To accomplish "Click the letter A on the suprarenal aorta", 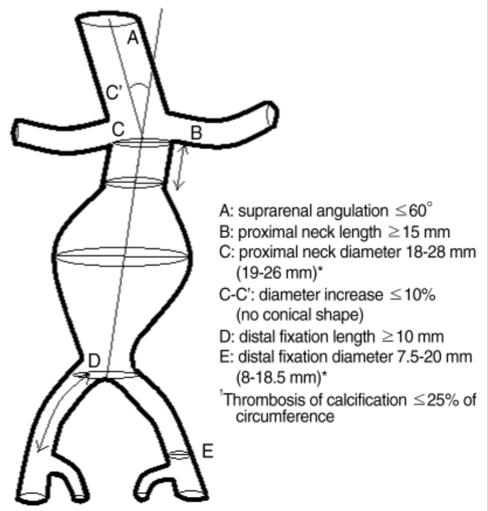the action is click(x=132, y=38).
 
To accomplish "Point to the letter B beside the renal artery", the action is click(x=197, y=133).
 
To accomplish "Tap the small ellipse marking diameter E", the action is click(x=180, y=454).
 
